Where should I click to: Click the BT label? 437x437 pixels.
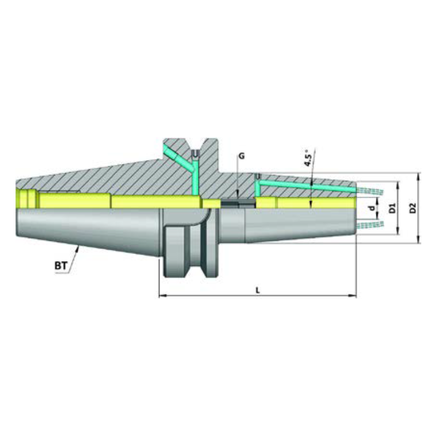coord(61,266)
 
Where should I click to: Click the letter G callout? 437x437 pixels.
coord(241,156)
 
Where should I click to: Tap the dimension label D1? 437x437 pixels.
coord(392,208)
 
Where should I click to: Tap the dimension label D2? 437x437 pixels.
coord(413,208)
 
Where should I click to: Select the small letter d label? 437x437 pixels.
coord(371,209)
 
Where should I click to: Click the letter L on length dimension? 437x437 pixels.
coord(257,290)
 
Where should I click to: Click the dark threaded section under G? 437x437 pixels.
coord(238,203)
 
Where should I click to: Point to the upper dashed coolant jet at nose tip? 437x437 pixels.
coord(371,191)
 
